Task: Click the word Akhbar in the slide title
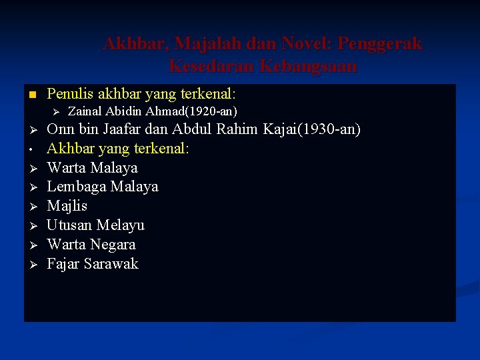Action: pos(135,44)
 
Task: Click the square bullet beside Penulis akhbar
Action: pos(32,94)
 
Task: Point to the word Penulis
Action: pos(71,94)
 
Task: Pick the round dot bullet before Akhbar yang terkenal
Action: pos(32,149)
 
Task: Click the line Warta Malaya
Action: pos(92,167)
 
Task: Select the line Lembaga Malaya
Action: pos(102,187)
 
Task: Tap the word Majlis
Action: pos(67,206)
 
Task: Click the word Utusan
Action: pos(70,225)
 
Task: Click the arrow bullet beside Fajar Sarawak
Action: pos(32,264)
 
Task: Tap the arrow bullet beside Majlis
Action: pos(32,207)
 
